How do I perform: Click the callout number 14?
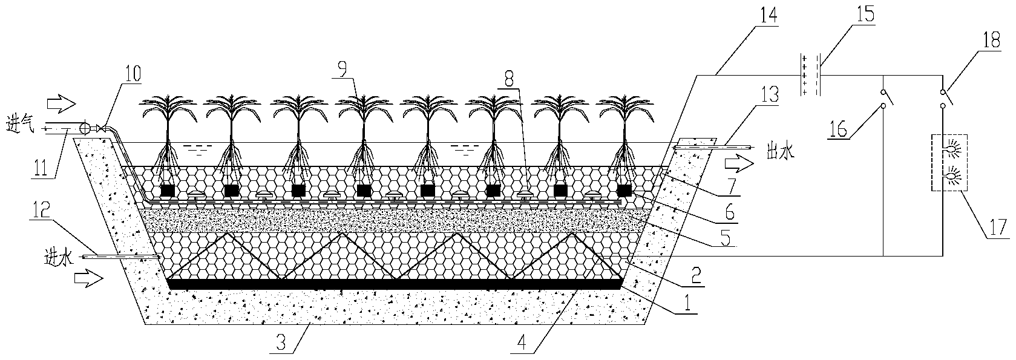[x=767, y=15]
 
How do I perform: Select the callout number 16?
[x=838, y=129]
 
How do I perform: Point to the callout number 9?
[x=342, y=69]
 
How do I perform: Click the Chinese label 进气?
[x=20, y=125]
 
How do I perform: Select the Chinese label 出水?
[x=781, y=152]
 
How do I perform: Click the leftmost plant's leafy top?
[x=168, y=109]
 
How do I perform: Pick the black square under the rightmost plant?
[x=624, y=191]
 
